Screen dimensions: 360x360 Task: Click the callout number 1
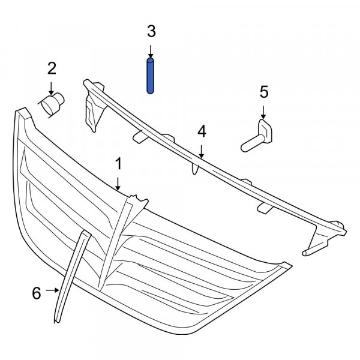(118, 164)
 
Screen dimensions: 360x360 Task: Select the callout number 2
(52, 68)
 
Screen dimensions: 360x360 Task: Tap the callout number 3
(151, 31)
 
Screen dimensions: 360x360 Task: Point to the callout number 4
(202, 131)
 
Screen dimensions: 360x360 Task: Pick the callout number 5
(264, 92)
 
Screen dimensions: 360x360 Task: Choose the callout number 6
(37, 293)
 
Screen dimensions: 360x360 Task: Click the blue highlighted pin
(150, 76)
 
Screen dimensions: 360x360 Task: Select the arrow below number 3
(151, 51)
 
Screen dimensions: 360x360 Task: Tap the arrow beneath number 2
(51, 89)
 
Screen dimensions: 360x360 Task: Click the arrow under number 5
(263, 112)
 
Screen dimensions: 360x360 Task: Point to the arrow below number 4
(202, 152)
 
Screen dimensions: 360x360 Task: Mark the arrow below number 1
(118, 184)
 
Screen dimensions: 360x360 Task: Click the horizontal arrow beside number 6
(52, 290)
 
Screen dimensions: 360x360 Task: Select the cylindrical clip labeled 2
(52, 105)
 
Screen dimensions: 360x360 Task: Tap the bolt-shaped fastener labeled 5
(257, 136)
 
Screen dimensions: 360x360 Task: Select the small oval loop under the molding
(195, 169)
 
